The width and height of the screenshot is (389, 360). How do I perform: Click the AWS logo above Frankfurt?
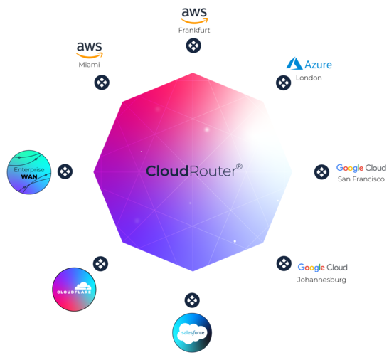coord(194,16)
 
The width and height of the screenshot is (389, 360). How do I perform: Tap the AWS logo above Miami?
coord(90,50)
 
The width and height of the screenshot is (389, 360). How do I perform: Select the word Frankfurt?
coord(194,31)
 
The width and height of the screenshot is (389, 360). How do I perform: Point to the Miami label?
coord(89,65)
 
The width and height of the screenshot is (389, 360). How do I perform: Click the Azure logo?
coord(309,64)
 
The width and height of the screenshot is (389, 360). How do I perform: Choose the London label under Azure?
coord(309,78)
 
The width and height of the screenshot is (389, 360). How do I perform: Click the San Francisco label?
coord(361,179)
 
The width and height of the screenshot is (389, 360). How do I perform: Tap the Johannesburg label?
coord(321,280)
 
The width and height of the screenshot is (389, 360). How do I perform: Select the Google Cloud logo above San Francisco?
coord(361,168)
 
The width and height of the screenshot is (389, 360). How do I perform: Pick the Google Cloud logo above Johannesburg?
coord(322,268)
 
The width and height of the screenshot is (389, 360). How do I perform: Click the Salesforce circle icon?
coord(192,333)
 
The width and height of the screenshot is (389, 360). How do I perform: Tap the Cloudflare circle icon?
coord(74,290)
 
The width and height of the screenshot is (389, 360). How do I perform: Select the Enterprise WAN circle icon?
coord(29,172)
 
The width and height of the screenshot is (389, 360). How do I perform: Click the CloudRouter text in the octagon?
coord(191,171)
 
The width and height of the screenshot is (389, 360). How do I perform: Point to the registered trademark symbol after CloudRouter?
coord(239,166)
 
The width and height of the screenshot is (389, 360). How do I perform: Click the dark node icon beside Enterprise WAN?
coord(65,171)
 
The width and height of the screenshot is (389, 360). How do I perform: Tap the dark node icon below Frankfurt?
coord(193,46)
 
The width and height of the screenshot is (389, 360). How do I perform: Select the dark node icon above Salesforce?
coord(192,300)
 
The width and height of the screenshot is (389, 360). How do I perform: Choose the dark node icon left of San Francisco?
coord(321,171)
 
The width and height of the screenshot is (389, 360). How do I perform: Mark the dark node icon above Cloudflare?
coord(100,264)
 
